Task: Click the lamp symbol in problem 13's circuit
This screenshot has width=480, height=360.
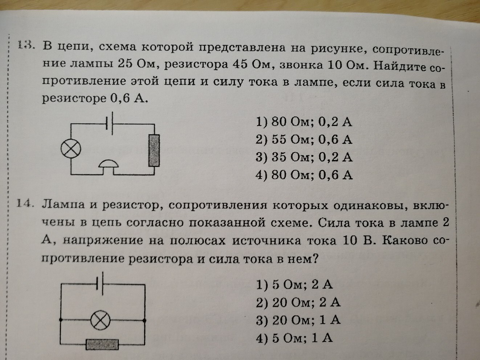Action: (x=71, y=149)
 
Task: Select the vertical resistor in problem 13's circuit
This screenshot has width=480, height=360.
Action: (x=154, y=150)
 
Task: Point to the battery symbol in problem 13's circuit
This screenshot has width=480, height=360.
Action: (x=109, y=123)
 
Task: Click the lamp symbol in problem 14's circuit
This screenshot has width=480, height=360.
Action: (x=100, y=320)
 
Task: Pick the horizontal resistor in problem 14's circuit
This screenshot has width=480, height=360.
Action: (x=102, y=344)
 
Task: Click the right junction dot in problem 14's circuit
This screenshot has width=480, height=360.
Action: (x=145, y=320)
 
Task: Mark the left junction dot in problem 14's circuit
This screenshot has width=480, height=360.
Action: (x=61, y=320)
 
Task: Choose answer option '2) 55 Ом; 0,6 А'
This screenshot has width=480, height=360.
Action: (x=304, y=139)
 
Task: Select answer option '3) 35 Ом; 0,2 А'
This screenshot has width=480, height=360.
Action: (x=304, y=157)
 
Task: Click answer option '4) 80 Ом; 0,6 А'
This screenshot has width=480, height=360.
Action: (x=304, y=175)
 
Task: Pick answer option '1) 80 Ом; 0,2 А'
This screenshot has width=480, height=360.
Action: (x=304, y=122)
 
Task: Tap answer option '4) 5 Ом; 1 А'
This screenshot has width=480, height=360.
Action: (x=294, y=338)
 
